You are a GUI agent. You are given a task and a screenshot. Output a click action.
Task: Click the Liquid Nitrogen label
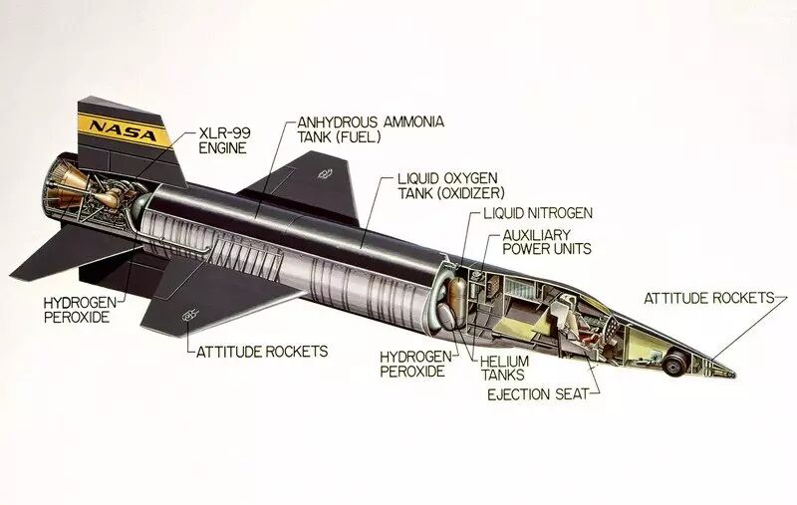(x=538, y=213)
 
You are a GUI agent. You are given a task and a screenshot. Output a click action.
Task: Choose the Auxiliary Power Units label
(x=546, y=242)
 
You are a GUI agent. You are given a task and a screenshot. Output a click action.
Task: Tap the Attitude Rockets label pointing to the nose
(x=708, y=298)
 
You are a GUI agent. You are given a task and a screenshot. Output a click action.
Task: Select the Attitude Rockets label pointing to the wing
(x=261, y=351)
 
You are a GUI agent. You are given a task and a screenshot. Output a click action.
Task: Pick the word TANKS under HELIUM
(x=503, y=376)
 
